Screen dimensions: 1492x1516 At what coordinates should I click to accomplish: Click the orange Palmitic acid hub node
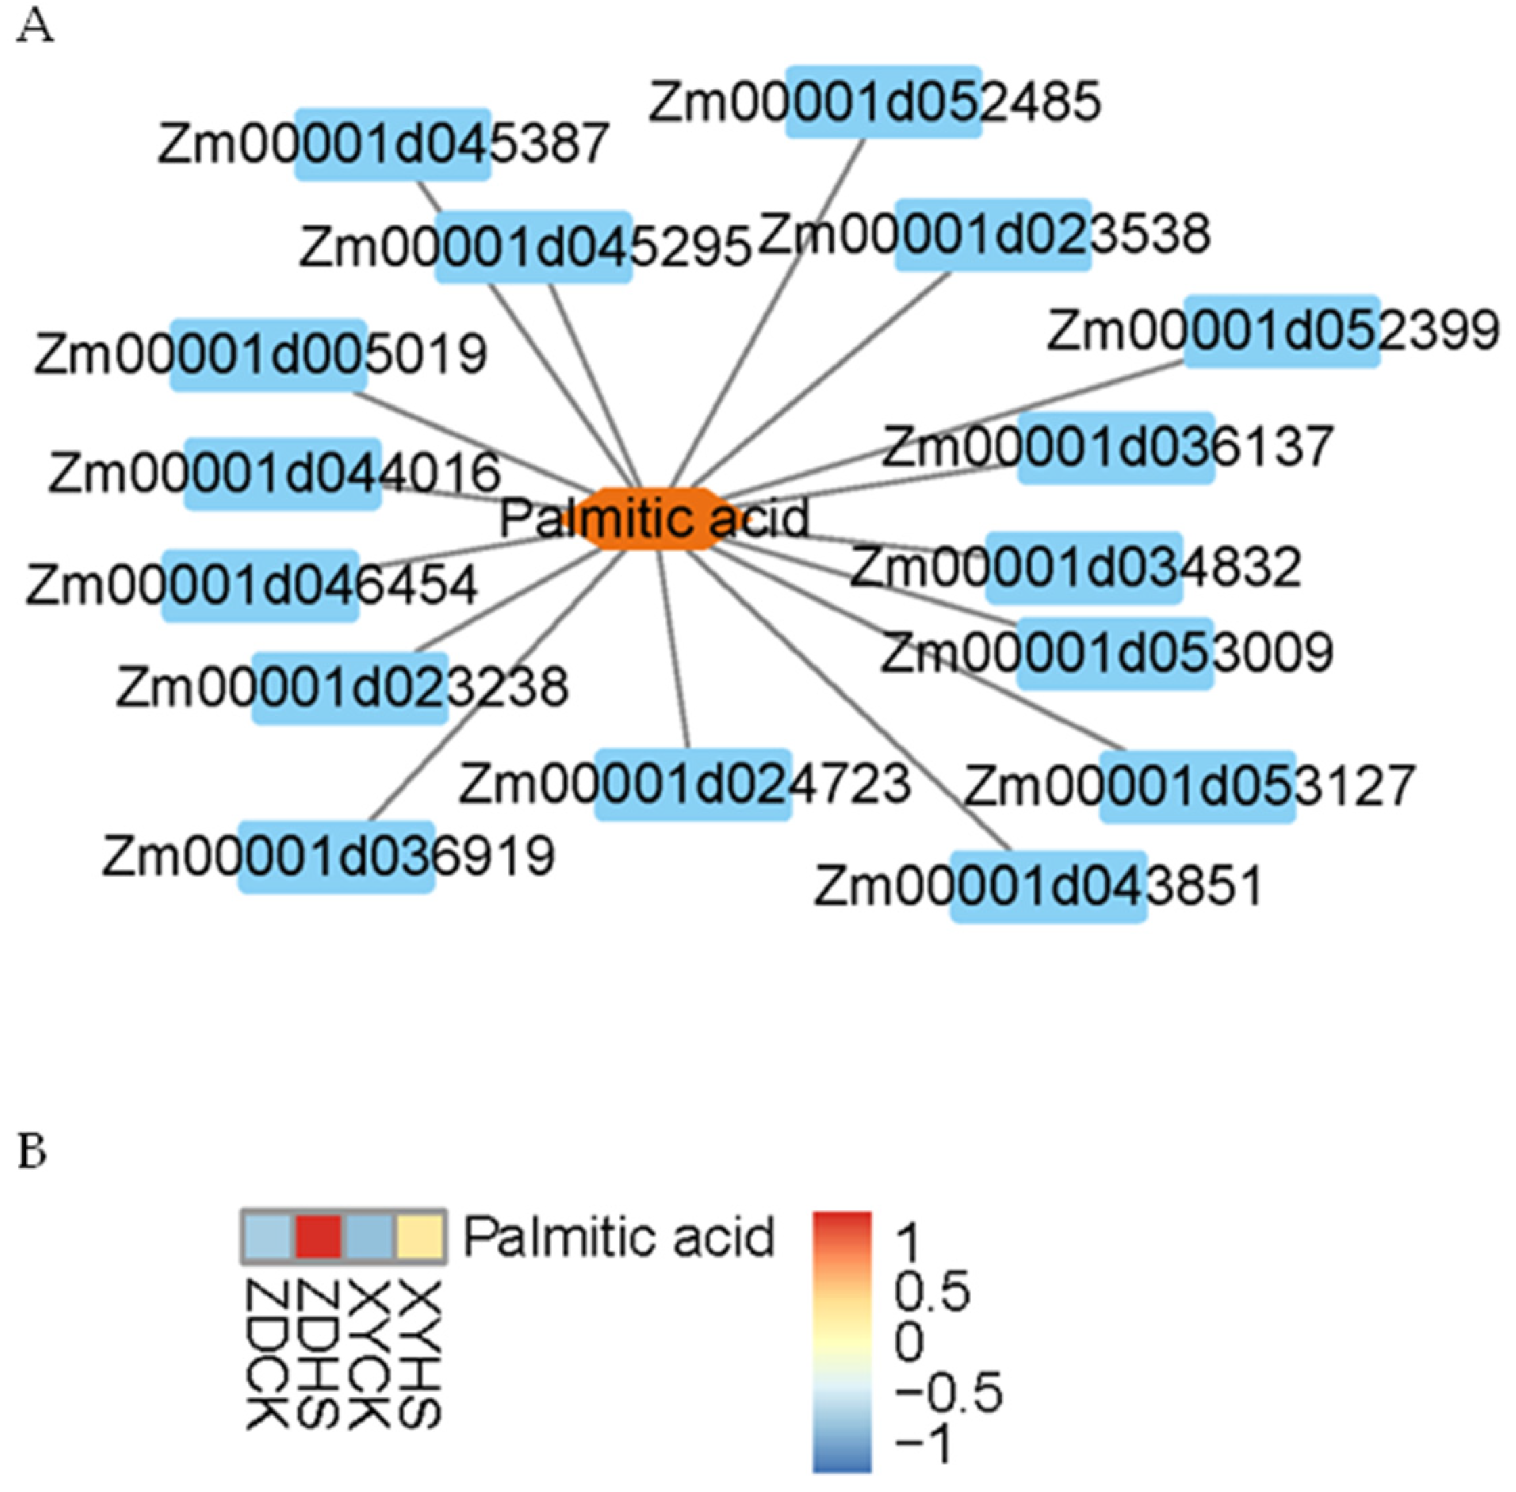coord(655,518)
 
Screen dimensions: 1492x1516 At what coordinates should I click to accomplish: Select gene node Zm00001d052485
coord(883,102)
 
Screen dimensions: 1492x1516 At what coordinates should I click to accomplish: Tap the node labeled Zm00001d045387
coord(393,144)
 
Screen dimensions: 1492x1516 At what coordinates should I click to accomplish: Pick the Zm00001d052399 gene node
coord(1281,330)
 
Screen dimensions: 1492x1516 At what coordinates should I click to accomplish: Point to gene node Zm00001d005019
coord(268,354)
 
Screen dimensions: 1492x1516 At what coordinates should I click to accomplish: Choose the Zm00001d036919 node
coord(336,856)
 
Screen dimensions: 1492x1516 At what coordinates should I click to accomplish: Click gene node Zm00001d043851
coord(1048,886)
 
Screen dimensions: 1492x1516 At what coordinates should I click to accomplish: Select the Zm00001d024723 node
coord(692,785)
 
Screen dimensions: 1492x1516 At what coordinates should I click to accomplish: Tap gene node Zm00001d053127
coord(1198,786)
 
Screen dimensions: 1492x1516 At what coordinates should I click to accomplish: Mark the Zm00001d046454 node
coord(260,586)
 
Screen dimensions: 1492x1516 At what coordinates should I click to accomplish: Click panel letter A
coord(35,28)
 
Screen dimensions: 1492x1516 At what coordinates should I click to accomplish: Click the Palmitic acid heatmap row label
coord(618,1237)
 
